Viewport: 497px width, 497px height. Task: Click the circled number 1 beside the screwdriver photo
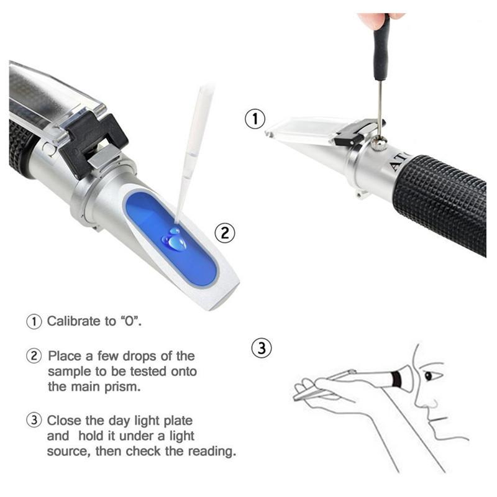(255, 119)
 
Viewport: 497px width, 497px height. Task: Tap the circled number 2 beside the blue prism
(224, 233)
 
